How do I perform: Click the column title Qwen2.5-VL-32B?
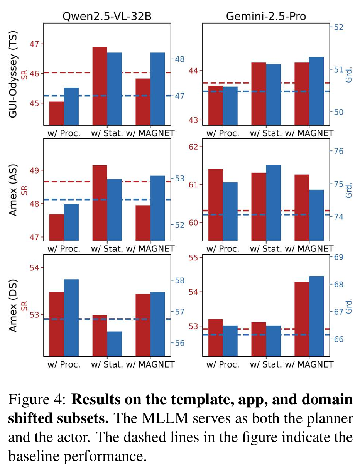point(107,16)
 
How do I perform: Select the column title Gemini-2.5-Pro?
point(266,16)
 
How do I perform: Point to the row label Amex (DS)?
point(14,305)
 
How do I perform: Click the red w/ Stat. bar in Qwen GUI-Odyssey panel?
point(100,86)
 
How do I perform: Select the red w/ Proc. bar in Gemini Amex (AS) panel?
point(216,205)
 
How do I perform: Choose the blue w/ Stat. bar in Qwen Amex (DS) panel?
point(114,343)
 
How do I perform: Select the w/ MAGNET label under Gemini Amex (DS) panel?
point(309,364)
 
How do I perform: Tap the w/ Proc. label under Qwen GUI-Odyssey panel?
point(64,133)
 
